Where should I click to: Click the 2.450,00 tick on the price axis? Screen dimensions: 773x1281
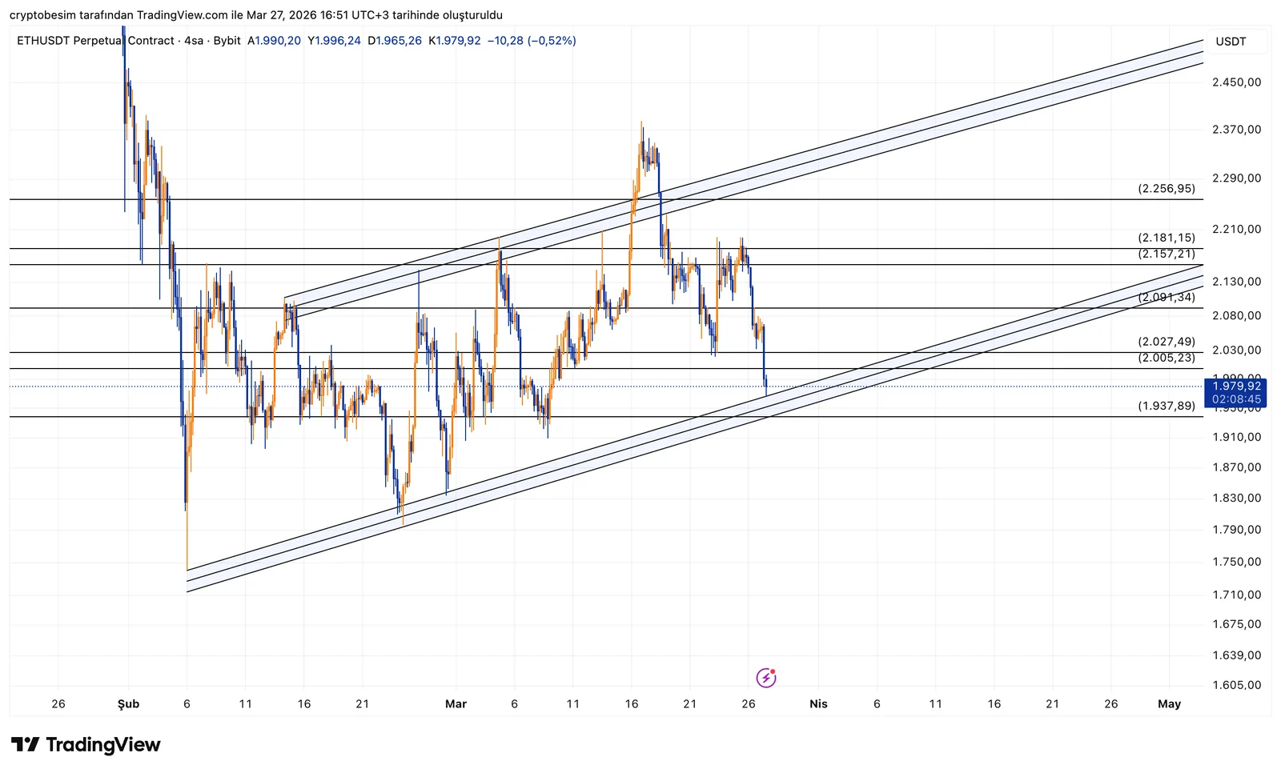tap(1236, 82)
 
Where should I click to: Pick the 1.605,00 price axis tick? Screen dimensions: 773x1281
tap(1236, 685)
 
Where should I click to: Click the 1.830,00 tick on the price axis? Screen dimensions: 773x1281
tap(1236, 498)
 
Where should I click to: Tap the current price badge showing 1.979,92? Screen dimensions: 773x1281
tap(1236, 386)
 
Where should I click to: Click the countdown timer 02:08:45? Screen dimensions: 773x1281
tap(1236, 399)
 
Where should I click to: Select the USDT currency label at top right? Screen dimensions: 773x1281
tap(1231, 42)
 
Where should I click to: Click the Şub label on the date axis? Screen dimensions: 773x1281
tap(128, 704)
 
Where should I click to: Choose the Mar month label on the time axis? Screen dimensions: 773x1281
tap(456, 704)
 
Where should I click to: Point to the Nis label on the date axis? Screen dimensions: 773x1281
tap(818, 704)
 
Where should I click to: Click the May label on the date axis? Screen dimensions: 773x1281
tap(1169, 704)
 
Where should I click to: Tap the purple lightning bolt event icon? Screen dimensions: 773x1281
tap(766, 678)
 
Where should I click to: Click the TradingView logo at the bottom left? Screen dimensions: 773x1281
tap(86, 745)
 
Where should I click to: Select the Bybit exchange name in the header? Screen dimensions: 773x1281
tap(227, 41)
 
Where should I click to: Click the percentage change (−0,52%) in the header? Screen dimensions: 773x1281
tap(552, 41)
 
